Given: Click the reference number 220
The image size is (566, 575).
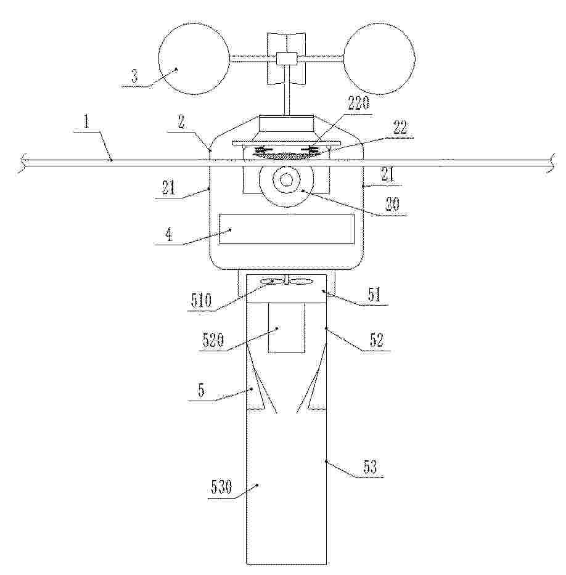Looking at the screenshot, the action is (x=358, y=103).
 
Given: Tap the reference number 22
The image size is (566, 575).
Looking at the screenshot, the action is (x=400, y=128).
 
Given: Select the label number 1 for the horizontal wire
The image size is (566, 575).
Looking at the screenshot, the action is (x=86, y=121).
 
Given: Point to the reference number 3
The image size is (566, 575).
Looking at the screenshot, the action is (x=134, y=76).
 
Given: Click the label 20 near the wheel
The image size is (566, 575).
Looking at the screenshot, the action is (x=392, y=204).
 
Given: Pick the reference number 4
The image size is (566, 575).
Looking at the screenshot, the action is (x=169, y=235).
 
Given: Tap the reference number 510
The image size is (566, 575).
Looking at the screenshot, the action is (x=202, y=301).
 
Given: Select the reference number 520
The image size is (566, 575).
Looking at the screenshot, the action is (x=213, y=341).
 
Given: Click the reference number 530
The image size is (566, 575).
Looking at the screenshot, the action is (x=221, y=487).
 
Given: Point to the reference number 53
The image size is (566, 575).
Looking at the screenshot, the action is (x=370, y=467).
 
